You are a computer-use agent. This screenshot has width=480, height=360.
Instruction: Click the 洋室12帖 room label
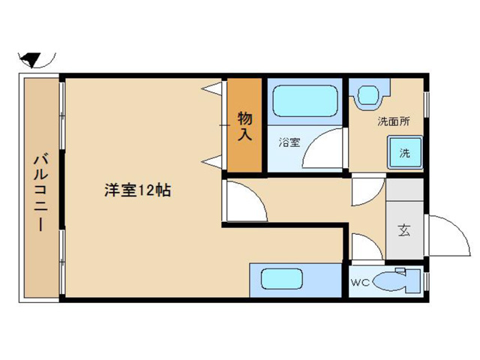click(137, 190)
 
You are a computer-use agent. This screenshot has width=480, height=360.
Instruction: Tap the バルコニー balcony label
click(40, 193)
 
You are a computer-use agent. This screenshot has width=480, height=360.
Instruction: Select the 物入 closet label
click(245, 126)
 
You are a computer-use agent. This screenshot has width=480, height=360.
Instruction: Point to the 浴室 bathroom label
click(289, 142)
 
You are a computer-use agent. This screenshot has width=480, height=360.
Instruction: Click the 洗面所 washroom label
click(393, 121)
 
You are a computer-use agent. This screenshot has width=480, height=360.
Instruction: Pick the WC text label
click(360, 283)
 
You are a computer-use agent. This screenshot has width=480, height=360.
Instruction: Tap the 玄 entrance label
click(404, 230)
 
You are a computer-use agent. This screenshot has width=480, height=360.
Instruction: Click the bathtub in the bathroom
click(305, 100)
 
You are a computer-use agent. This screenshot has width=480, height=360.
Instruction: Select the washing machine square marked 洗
click(405, 152)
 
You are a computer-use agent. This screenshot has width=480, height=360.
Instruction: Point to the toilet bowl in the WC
click(389, 282)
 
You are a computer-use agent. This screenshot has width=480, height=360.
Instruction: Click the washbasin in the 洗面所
click(368, 95)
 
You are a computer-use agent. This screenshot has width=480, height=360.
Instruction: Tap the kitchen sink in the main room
click(282, 279)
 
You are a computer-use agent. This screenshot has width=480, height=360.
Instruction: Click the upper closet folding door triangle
click(211, 88)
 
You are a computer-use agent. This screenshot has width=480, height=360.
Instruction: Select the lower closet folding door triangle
click(211, 162)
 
